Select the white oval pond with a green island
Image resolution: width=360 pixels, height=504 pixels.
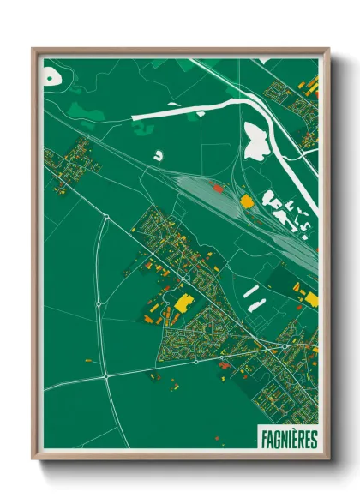[x=53, y=76]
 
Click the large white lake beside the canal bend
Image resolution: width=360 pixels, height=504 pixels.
[x=256, y=141]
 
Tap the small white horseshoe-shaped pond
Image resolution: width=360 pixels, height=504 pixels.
[x=158, y=156]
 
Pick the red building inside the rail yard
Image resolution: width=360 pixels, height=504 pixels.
[x=217, y=187]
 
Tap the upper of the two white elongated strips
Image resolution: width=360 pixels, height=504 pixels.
[x=250, y=291]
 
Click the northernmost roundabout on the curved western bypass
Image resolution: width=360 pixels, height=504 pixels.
[x=105, y=219]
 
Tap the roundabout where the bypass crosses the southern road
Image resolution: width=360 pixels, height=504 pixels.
[x=106, y=375]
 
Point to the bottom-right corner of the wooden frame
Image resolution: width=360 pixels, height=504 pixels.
[x=327, y=459]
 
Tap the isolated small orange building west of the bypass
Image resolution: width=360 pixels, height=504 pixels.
[x=88, y=362]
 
